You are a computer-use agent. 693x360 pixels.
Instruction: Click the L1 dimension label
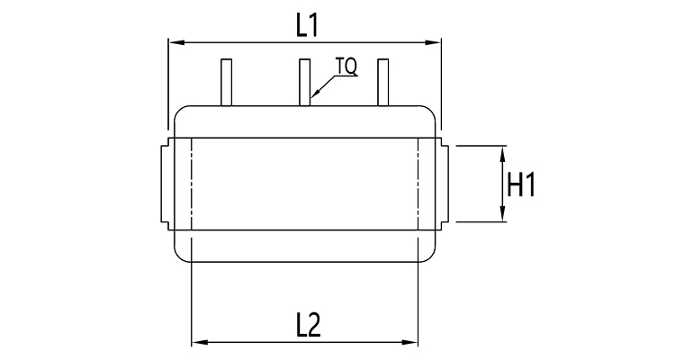(x=307, y=25)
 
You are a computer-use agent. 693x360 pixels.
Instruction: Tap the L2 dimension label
(x=309, y=326)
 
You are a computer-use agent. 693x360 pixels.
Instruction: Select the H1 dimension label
(x=521, y=184)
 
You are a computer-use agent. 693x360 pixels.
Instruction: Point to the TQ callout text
(x=346, y=67)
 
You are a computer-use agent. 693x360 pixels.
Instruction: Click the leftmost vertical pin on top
(x=226, y=83)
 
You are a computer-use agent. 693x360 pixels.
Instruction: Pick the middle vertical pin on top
(x=304, y=83)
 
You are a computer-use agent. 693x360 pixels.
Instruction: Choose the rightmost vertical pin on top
(x=382, y=83)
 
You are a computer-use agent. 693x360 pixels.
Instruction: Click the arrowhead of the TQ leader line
(x=314, y=94)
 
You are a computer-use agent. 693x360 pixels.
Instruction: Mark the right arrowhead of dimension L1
(x=433, y=43)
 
